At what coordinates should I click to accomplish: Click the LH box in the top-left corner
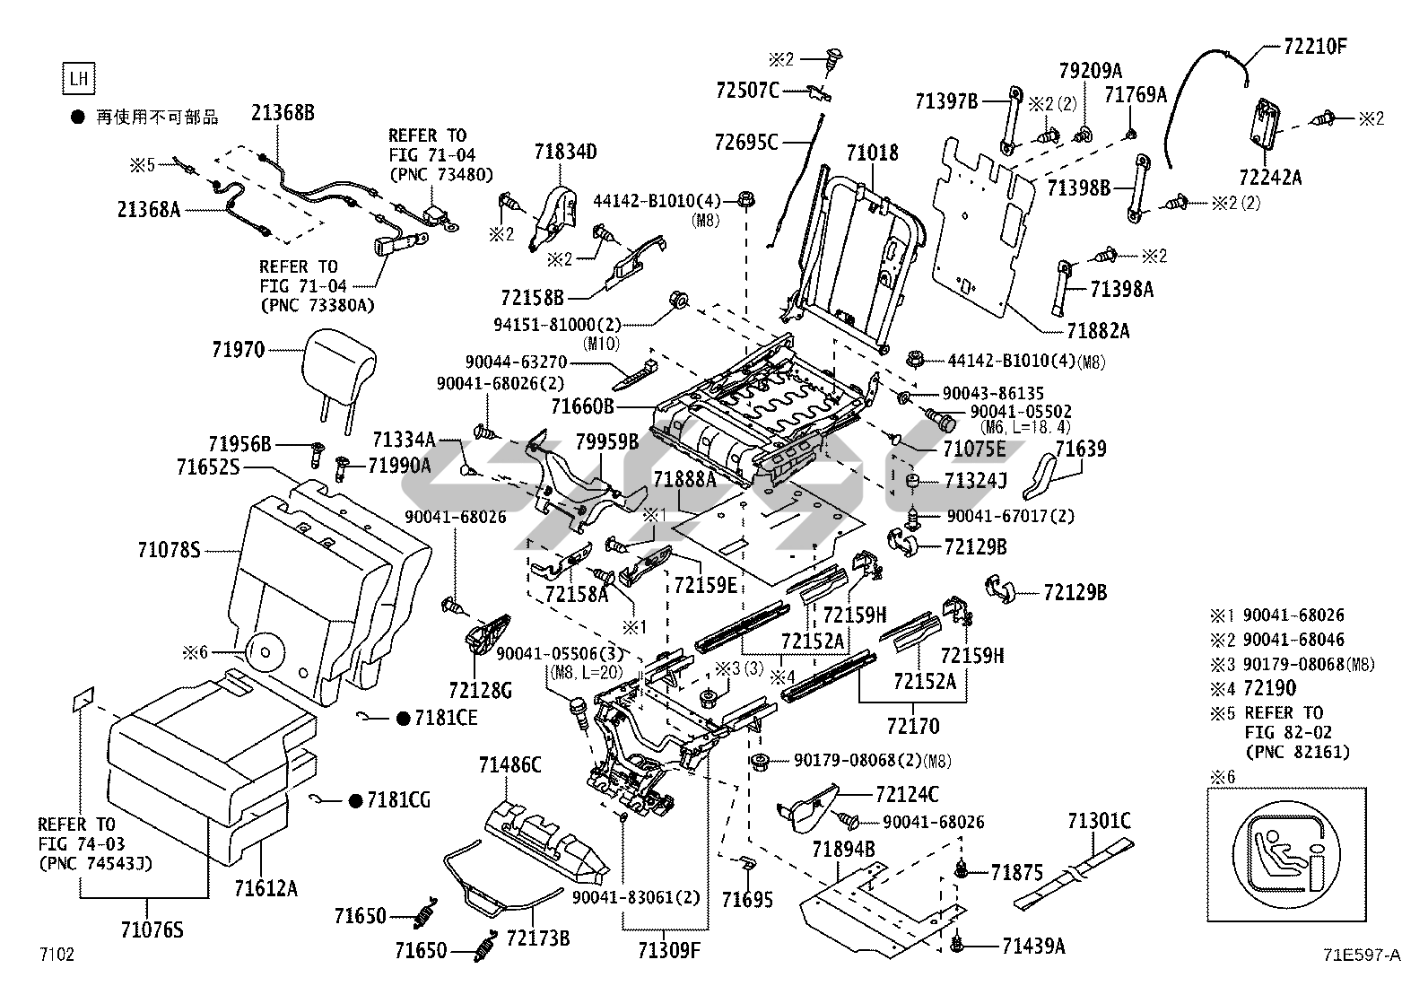click(x=79, y=78)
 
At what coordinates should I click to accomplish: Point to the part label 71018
click(x=872, y=153)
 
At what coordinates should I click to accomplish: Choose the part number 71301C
click(x=1099, y=820)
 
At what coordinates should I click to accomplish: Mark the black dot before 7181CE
click(x=403, y=718)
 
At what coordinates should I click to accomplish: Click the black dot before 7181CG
click(x=355, y=800)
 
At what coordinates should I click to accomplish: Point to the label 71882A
click(x=1098, y=331)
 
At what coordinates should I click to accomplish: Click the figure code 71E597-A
click(x=1360, y=955)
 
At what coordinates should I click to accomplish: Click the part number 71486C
click(x=509, y=764)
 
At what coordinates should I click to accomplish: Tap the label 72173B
click(x=538, y=938)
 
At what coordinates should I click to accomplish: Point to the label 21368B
click(x=283, y=114)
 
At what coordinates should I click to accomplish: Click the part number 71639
click(x=1080, y=449)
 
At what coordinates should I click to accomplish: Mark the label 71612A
click(x=266, y=888)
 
